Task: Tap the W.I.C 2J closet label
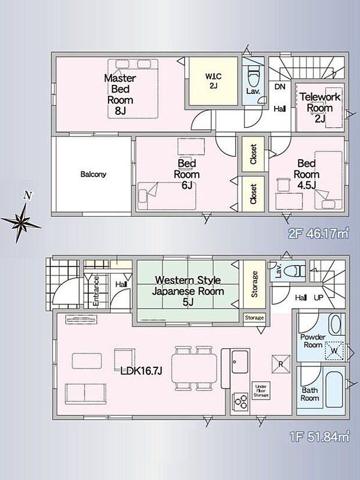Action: [x=213, y=81]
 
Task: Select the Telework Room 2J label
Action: [x=320, y=108]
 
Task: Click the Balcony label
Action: [x=93, y=174]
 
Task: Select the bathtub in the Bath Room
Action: [x=334, y=389]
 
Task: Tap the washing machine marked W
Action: [x=334, y=351]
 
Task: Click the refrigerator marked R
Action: [x=281, y=364]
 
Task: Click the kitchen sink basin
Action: [x=240, y=362]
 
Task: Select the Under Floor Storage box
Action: [x=261, y=391]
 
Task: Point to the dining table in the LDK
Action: [x=194, y=368]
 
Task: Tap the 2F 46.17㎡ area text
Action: [x=319, y=234]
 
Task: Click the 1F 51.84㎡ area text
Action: [x=319, y=436]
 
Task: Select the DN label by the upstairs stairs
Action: [x=279, y=87]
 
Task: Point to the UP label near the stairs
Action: [x=318, y=298]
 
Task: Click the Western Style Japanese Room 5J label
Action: [x=188, y=291]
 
